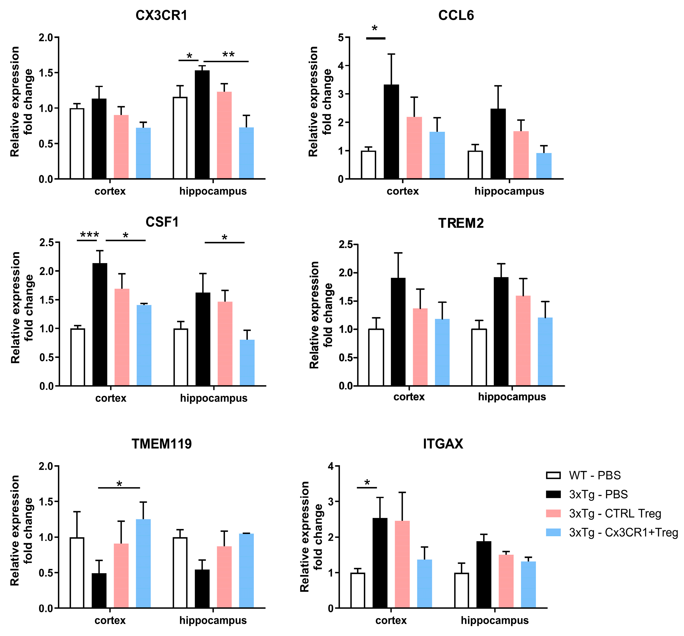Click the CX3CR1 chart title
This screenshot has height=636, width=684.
coord(161,15)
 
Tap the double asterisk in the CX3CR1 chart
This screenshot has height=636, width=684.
coord(228,54)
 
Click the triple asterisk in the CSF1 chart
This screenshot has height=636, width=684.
coord(89,235)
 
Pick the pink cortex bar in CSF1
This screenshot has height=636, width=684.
coord(122,337)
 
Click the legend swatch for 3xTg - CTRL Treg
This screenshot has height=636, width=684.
coord(553,513)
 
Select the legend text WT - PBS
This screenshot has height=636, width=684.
coord(595,476)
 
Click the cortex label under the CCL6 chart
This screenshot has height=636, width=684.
coord(403,191)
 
